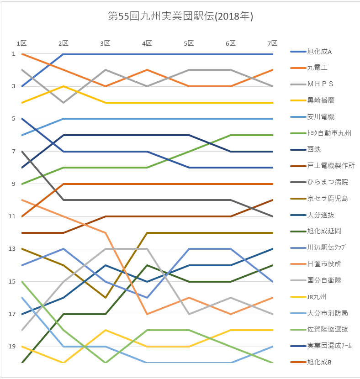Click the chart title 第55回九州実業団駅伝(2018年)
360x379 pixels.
180,16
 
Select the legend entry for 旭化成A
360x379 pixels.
319,52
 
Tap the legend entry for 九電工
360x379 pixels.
317,68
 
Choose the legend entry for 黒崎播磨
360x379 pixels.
320,100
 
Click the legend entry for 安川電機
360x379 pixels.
320,117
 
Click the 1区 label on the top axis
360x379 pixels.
21,43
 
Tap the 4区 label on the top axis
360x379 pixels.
147,43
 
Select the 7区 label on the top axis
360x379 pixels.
272,43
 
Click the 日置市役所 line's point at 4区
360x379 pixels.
147,314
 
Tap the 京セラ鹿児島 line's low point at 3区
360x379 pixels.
105,298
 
